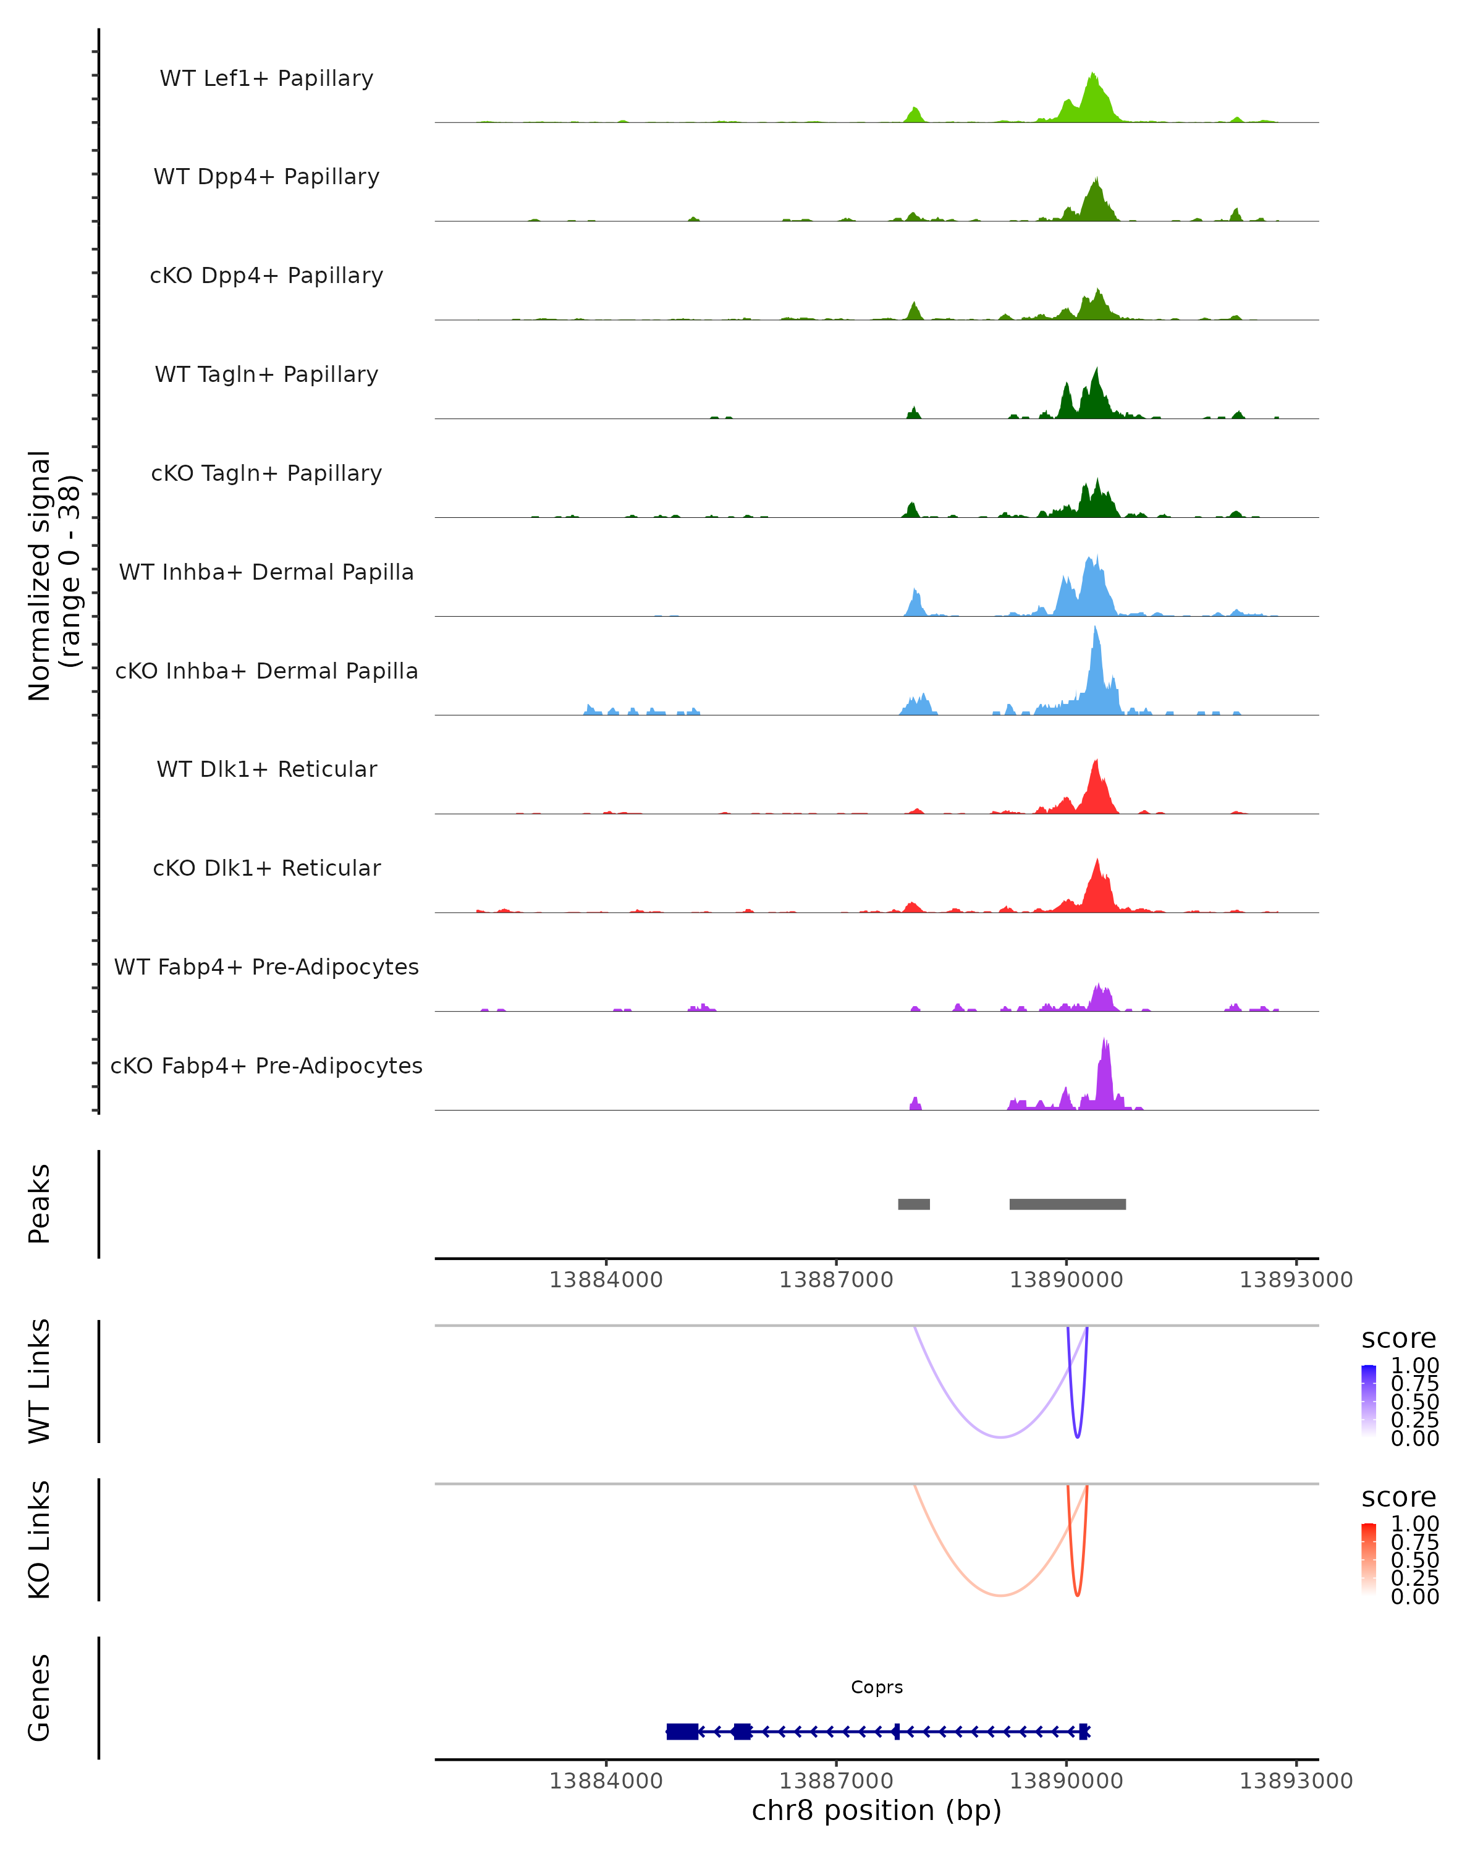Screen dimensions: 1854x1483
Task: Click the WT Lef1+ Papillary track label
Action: click(x=266, y=78)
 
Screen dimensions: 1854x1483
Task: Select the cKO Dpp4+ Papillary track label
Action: click(x=266, y=275)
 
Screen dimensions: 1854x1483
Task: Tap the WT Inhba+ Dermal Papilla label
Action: click(x=266, y=572)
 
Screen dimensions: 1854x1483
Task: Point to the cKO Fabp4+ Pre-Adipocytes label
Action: click(x=266, y=1065)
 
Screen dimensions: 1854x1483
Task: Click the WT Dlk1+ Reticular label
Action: click(x=266, y=769)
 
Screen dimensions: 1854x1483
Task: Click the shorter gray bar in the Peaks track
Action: click(x=914, y=1204)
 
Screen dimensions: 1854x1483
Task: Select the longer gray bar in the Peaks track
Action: click(x=1067, y=1204)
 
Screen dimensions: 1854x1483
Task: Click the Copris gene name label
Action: click(x=877, y=1687)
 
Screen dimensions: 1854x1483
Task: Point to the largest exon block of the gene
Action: click(x=682, y=1731)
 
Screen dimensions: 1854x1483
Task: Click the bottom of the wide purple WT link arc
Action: click(x=1000, y=1437)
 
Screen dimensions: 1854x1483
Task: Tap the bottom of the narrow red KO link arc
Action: click(x=1077, y=1595)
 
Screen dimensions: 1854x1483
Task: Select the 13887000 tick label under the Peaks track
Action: click(x=835, y=1280)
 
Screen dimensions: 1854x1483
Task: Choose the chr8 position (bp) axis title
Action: click(x=876, y=1811)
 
